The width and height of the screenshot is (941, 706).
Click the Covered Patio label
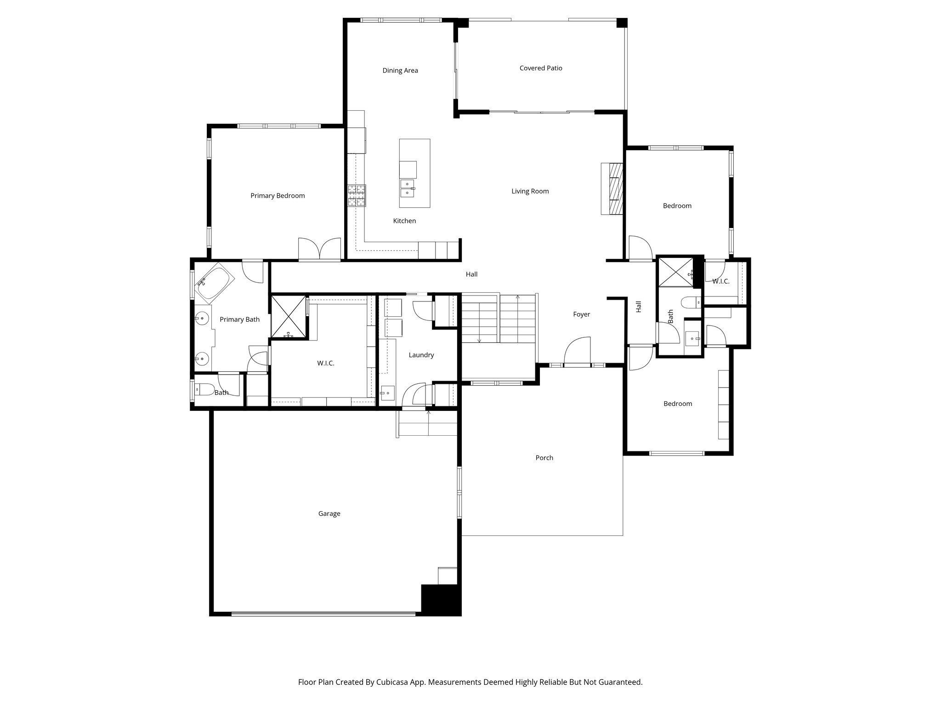pos(540,68)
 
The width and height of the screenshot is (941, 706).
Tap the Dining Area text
pos(400,70)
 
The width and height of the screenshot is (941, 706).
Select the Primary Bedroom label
pos(278,195)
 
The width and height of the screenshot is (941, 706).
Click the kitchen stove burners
pos(357,195)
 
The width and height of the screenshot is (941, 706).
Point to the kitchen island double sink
pos(408,188)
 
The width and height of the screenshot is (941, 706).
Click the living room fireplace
pos(612,188)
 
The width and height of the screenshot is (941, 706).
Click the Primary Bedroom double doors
pos(320,250)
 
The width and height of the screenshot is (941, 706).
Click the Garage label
pos(329,513)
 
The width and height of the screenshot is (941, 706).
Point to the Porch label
pos(544,457)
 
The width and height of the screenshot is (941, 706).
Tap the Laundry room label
pos(421,355)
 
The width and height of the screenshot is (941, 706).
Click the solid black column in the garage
pos(440,599)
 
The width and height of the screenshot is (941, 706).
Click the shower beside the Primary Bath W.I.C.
pos(288,317)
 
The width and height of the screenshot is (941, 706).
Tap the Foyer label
pos(581,314)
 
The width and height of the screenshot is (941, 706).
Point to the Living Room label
pos(530,191)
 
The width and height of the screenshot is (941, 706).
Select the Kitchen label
pos(404,221)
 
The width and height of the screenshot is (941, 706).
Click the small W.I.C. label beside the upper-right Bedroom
pos(720,281)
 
